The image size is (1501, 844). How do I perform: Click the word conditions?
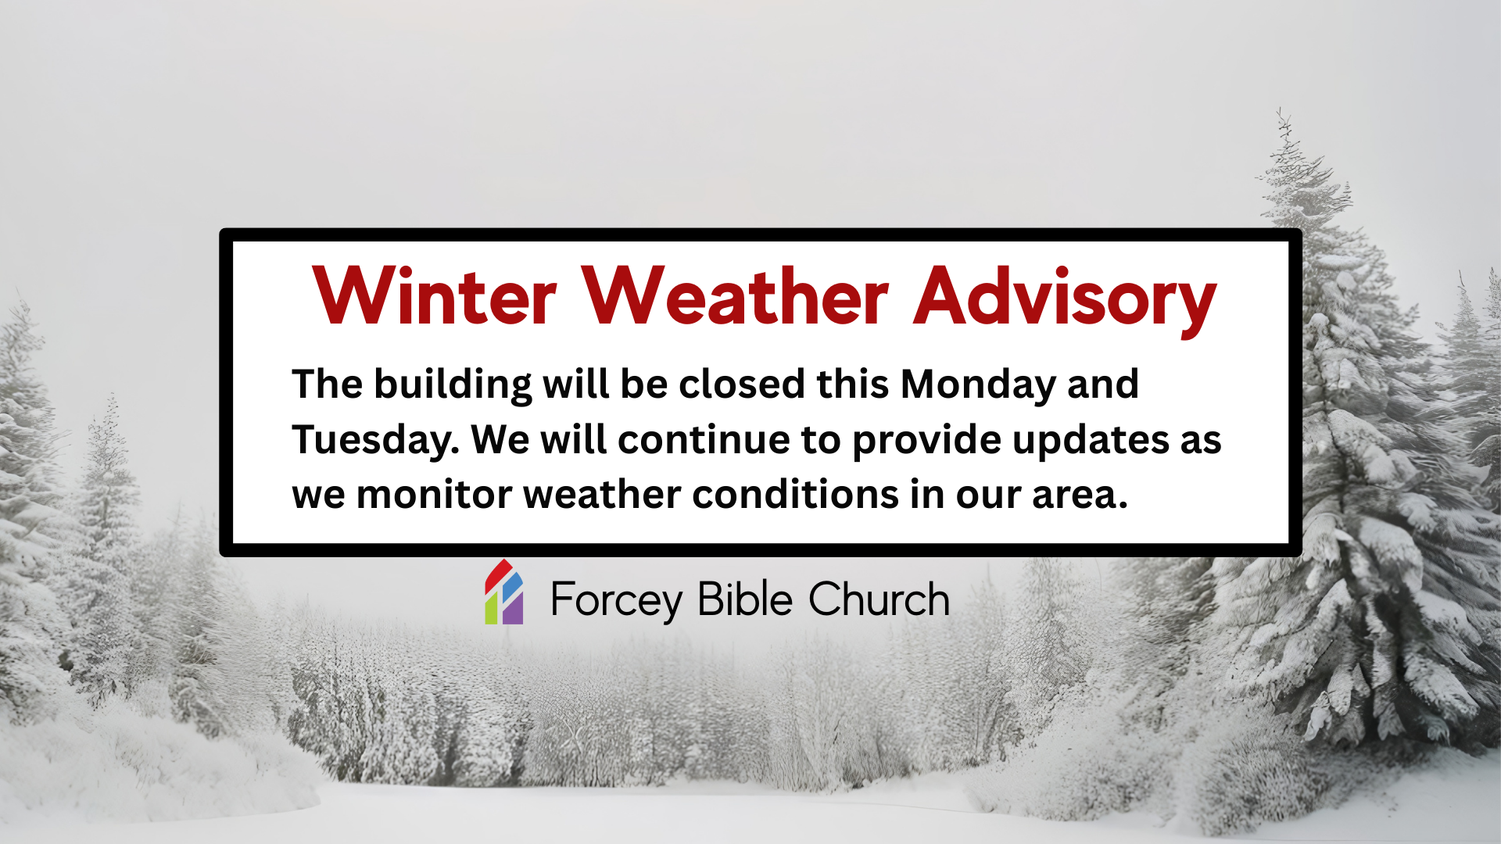[795, 495]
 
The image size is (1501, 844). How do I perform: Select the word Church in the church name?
[879, 599]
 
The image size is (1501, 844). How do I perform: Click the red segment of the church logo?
[498, 574]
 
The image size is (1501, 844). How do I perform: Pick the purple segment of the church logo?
[513, 609]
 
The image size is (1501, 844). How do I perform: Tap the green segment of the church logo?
[491, 609]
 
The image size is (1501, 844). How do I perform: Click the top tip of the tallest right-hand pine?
[1280, 109]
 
